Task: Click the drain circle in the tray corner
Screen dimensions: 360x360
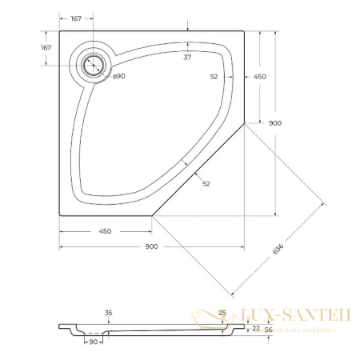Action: (x=94, y=63)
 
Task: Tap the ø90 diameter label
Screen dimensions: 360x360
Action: (x=118, y=76)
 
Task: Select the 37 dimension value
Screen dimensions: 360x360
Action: (x=186, y=57)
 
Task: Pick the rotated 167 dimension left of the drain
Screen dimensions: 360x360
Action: (x=46, y=48)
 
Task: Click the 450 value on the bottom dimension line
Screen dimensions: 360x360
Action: (x=105, y=230)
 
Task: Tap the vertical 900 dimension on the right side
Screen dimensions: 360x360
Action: (x=274, y=123)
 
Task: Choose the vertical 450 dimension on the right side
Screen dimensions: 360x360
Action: (x=259, y=77)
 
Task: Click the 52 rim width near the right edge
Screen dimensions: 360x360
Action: (x=214, y=77)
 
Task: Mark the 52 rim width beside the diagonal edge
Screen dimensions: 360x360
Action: (x=206, y=184)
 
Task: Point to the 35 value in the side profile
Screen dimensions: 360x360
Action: (x=109, y=313)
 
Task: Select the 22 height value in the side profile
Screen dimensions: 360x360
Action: (x=255, y=328)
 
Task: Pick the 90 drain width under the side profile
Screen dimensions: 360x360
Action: (x=94, y=342)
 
